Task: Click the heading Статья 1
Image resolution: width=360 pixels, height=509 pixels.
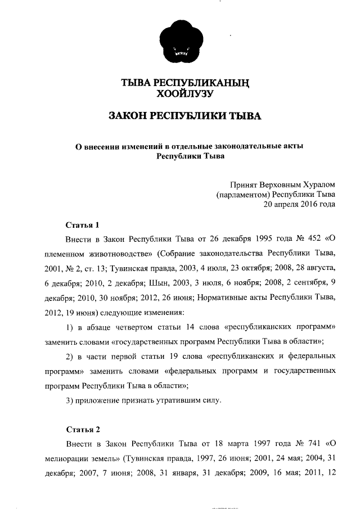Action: (x=83, y=226)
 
